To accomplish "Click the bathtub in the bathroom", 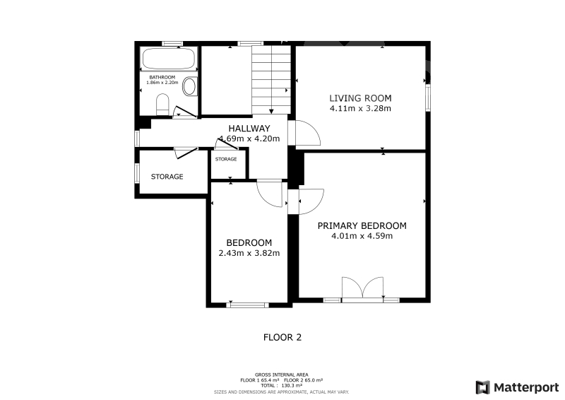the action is (x=169, y=59).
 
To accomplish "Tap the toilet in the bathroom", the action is (x=162, y=105).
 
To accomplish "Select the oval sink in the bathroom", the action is (x=189, y=86).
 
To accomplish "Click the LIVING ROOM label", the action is (x=360, y=98).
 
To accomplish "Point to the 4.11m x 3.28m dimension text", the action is (x=360, y=109).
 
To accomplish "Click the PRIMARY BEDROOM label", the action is (x=362, y=225).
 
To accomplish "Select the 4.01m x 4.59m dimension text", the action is (x=362, y=236).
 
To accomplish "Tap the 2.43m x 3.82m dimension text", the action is (x=249, y=253).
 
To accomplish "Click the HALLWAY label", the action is (x=249, y=129).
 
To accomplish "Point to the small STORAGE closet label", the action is (x=226, y=159).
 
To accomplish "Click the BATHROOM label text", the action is (x=162, y=77).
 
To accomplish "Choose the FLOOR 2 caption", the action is (x=282, y=338).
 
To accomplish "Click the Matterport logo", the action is (x=517, y=387).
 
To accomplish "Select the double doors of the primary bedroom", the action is (x=362, y=288).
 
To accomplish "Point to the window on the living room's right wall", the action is (x=428, y=98).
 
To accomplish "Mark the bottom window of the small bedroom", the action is (x=248, y=305).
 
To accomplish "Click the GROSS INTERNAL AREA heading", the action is (x=281, y=375).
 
